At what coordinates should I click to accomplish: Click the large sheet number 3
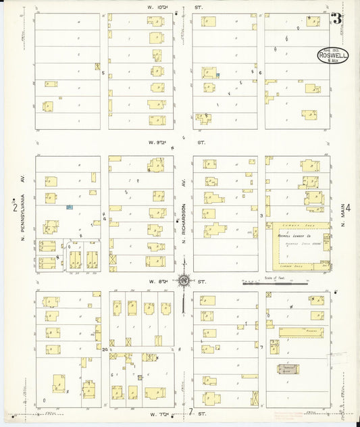[336, 18]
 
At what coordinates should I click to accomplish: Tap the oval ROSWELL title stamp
[332, 56]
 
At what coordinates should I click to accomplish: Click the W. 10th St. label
[177, 7]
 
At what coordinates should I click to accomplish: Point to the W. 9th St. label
[177, 143]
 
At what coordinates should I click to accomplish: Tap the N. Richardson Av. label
[183, 213]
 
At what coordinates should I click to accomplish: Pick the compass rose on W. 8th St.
[183, 280]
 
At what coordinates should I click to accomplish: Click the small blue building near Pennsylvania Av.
[69, 207]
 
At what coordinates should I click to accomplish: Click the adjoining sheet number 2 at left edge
[14, 207]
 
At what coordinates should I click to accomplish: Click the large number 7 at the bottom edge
[191, 412]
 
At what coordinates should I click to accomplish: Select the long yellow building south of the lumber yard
[301, 332]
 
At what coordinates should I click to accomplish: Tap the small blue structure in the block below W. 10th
[217, 75]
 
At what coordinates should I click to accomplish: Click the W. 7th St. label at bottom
[157, 413]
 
